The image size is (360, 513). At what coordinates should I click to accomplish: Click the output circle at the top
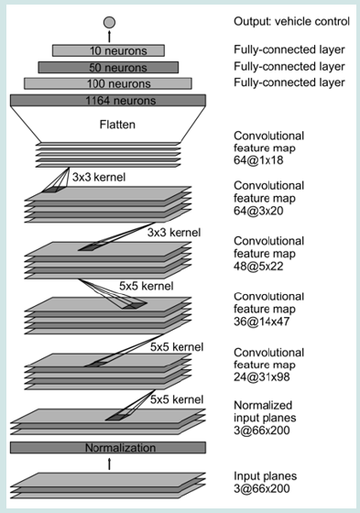(109, 22)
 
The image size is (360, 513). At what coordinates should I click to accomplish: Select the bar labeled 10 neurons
(108, 50)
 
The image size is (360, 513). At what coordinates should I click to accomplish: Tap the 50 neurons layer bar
(108, 68)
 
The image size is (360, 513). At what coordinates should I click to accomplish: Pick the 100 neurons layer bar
(108, 83)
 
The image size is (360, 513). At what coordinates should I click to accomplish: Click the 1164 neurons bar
(108, 100)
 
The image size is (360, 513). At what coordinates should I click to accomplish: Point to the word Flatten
(117, 125)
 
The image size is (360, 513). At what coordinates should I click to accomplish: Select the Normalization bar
(108, 448)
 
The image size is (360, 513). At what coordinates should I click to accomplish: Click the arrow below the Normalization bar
(109, 464)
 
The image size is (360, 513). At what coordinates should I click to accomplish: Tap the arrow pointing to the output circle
(109, 37)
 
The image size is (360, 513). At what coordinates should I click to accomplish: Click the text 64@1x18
(258, 160)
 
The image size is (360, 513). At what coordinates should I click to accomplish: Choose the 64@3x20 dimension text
(258, 211)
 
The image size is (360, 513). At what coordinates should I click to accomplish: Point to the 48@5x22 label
(258, 267)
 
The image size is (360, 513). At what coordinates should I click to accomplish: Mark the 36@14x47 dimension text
(261, 322)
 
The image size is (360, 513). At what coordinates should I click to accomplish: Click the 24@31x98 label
(261, 377)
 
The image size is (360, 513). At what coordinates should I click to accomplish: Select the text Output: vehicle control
(291, 22)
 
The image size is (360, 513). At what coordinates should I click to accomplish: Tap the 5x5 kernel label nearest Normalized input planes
(177, 399)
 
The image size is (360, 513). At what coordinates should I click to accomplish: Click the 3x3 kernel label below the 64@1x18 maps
(99, 178)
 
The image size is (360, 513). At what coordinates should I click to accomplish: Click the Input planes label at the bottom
(265, 476)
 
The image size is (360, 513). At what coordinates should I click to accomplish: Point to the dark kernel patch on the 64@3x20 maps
(49, 191)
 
